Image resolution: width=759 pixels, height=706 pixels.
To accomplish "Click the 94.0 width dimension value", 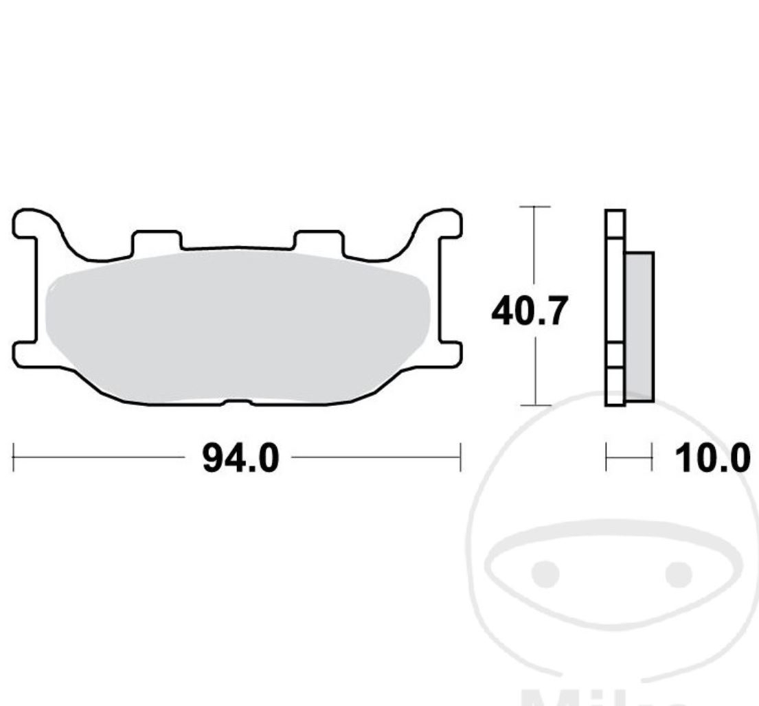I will coord(240,458).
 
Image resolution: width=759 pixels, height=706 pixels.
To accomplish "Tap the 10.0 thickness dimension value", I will coord(712,458).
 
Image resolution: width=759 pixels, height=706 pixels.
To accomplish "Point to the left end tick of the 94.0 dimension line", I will coord(14,457).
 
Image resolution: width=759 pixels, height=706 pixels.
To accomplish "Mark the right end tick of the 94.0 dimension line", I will coord(460,457).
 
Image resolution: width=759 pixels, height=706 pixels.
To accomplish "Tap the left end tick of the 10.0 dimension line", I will coord(607,457).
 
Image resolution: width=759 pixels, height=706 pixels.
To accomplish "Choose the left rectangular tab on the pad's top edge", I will coord(157,240).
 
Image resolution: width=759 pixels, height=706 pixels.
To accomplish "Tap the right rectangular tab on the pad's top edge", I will coord(317,240).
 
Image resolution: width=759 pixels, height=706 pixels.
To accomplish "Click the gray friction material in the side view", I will coord(639,326).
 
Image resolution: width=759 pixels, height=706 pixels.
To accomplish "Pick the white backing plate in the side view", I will coord(615,309).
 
